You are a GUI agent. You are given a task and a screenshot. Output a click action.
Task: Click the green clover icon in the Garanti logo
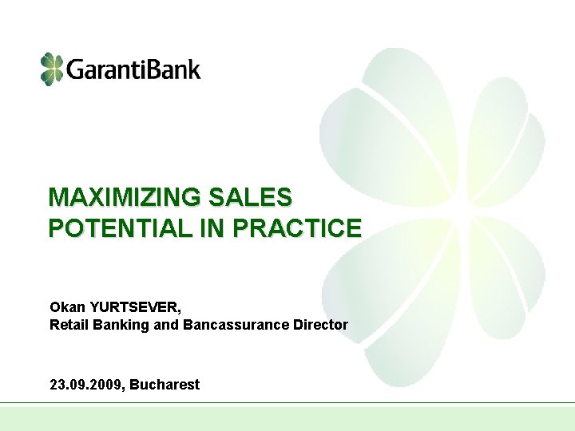point(51,69)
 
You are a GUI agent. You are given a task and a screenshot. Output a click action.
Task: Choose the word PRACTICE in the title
point(297,229)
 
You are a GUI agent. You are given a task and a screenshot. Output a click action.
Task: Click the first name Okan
point(65,307)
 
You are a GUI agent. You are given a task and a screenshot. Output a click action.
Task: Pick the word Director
point(322,325)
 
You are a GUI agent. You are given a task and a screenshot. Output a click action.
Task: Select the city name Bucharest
point(165,385)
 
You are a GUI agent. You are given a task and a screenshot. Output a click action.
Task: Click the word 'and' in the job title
point(168,325)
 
